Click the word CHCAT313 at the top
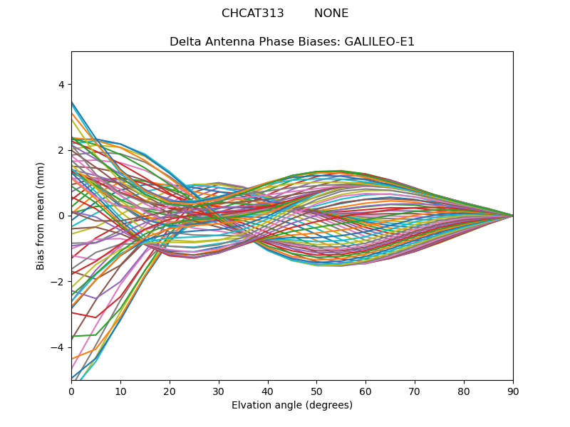[x=252, y=14]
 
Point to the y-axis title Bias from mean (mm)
[x=41, y=216]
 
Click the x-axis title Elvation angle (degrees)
[x=292, y=406]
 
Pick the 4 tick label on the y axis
[x=61, y=85]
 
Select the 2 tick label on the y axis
[x=61, y=150]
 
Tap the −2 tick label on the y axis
[x=58, y=282]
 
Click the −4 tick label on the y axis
[x=58, y=347]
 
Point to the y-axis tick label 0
[x=61, y=216]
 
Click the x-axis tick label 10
[x=120, y=391]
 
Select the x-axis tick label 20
[x=170, y=391]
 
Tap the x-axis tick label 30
[x=219, y=391]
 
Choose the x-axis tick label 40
[x=268, y=391]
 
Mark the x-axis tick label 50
[x=316, y=391]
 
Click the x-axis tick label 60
[x=366, y=391]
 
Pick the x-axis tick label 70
[x=415, y=391]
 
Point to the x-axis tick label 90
[x=513, y=391]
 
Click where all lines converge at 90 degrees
[x=512, y=216]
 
